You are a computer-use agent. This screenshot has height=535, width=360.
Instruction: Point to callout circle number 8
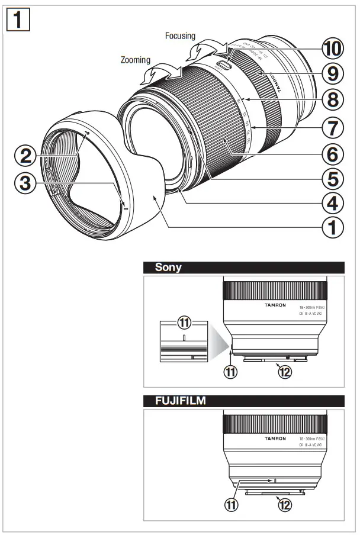pos(332,99)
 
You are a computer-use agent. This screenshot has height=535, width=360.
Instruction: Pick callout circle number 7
pos(332,126)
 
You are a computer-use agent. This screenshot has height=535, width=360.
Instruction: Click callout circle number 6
pos(332,153)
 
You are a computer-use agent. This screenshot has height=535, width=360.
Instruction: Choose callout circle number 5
pos(332,178)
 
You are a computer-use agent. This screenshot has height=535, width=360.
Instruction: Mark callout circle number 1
pos(332,227)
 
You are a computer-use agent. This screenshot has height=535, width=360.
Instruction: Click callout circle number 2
pos(26,157)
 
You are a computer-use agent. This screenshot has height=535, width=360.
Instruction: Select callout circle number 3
pos(26,183)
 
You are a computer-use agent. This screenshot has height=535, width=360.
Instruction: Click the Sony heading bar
pos(243,267)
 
